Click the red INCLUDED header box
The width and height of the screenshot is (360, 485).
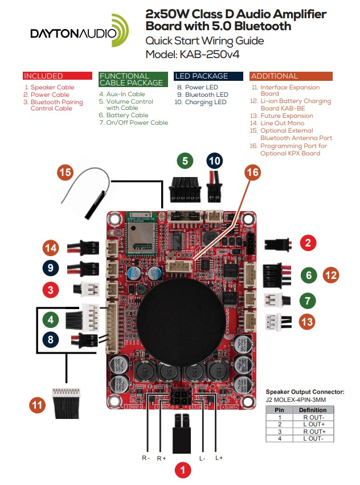(57, 76)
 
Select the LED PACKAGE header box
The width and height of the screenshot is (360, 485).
(208, 76)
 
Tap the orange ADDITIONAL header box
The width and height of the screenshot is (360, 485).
(291, 76)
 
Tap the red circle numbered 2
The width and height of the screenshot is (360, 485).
(308, 243)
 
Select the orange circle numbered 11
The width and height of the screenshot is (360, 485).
(38, 405)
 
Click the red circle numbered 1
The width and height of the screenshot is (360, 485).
(182, 470)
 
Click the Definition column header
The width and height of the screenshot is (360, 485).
(312, 409)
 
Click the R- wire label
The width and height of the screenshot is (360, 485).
(146, 458)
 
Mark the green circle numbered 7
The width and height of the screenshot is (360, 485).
(308, 300)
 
